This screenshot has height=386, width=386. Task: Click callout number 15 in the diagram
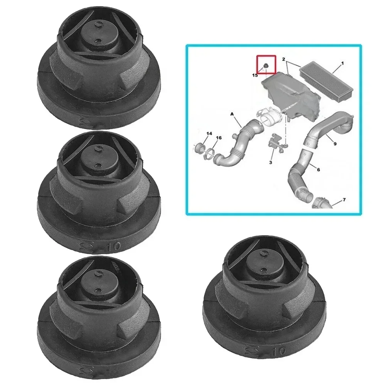(255, 76)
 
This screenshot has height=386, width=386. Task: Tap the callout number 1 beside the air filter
(342, 62)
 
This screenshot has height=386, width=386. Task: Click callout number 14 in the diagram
(209, 133)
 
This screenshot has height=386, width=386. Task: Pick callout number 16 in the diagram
(219, 138)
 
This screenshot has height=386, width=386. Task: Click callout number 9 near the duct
(335, 144)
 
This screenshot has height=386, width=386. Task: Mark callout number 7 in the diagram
(344, 200)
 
